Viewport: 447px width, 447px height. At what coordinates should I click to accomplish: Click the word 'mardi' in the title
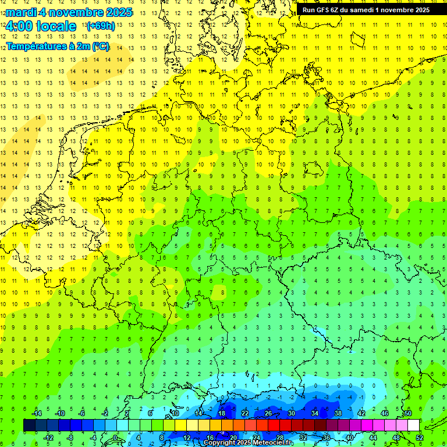[x=22, y=12]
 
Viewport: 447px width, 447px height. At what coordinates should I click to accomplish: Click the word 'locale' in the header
[x=55, y=26]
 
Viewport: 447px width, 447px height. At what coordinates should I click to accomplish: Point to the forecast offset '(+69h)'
[x=100, y=26]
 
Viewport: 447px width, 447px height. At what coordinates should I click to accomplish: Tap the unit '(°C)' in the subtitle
[x=98, y=47]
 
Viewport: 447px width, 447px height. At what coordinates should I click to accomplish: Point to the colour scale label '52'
[x=420, y=438]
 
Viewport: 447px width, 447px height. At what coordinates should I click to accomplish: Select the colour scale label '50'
[x=407, y=413]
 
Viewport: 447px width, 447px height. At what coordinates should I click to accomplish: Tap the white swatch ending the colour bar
[x=413, y=425]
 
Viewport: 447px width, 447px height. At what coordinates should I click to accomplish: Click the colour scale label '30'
[x=292, y=413]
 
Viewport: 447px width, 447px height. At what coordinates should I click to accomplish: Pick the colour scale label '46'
[x=384, y=413]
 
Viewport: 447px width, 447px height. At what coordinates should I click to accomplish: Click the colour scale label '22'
[x=245, y=413]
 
